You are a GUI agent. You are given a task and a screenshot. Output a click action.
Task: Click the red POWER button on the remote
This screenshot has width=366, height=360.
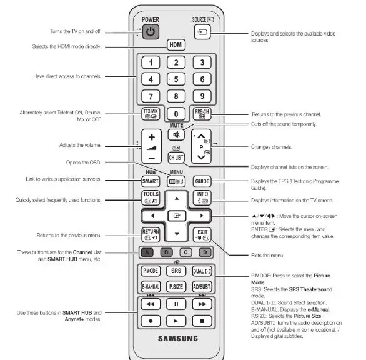(151, 31)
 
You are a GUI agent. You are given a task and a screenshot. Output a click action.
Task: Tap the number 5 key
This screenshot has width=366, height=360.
(176, 79)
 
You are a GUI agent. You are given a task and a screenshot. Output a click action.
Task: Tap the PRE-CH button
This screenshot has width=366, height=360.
(202, 115)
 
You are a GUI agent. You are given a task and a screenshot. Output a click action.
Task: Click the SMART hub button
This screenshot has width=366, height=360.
(151, 181)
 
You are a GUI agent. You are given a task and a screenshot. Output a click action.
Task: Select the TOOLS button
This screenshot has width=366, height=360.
(151, 198)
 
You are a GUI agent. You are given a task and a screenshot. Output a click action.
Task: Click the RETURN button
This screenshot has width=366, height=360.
(151, 235)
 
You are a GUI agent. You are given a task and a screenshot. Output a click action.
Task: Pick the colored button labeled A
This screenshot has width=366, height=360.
(146, 253)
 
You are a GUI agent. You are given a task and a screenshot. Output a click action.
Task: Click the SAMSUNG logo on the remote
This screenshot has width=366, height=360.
(177, 339)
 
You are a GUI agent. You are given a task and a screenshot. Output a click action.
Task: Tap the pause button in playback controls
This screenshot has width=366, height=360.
(176, 304)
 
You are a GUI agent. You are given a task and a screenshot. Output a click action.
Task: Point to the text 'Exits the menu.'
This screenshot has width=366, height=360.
(269, 256)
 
